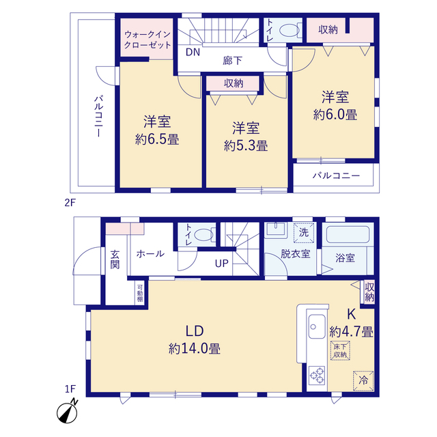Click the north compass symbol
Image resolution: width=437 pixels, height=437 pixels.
pyautogui.click(x=67, y=411)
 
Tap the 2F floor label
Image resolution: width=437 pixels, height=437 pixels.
pyautogui.click(x=70, y=203)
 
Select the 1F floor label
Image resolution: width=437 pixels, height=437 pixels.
pyautogui.click(x=70, y=389)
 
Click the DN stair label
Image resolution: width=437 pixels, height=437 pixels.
pyautogui.click(x=193, y=52)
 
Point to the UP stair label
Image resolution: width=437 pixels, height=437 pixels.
pyautogui.click(x=221, y=264)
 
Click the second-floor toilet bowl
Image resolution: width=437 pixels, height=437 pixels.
pyautogui.click(x=290, y=30)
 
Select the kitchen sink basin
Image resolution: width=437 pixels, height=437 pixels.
pyautogui.click(x=317, y=326)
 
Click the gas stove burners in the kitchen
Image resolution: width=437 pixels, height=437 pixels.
pyautogui.click(x=317, y=376)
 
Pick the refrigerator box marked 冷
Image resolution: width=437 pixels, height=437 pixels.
pyautogui.click(x=363, y=381)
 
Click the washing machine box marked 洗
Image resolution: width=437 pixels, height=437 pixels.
pyautogui.click(x=304, y=233)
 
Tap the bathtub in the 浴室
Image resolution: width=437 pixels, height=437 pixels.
pyautogui.click(x=348, y=235)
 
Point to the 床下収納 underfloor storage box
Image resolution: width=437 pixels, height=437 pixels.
pyautogui.click(x=340, y=350)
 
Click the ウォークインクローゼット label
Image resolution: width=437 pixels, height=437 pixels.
pyautogui.click(x=147, y=40)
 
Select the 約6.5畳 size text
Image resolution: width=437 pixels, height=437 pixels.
pyautogui.click(x=157, y=139)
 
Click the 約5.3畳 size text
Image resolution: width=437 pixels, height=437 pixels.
pyautogui.click(x=246, y=145)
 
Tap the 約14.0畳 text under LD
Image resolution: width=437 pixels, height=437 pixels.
pyautogui.click(x=194, y=349)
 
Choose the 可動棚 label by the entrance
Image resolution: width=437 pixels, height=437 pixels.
pyautogui.click(x=140, y=293)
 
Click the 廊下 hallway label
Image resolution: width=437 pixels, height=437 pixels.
pyautogui.click(x=232, y=61)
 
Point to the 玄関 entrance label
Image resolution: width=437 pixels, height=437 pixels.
pyautogui.click(x=115, y=259)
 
